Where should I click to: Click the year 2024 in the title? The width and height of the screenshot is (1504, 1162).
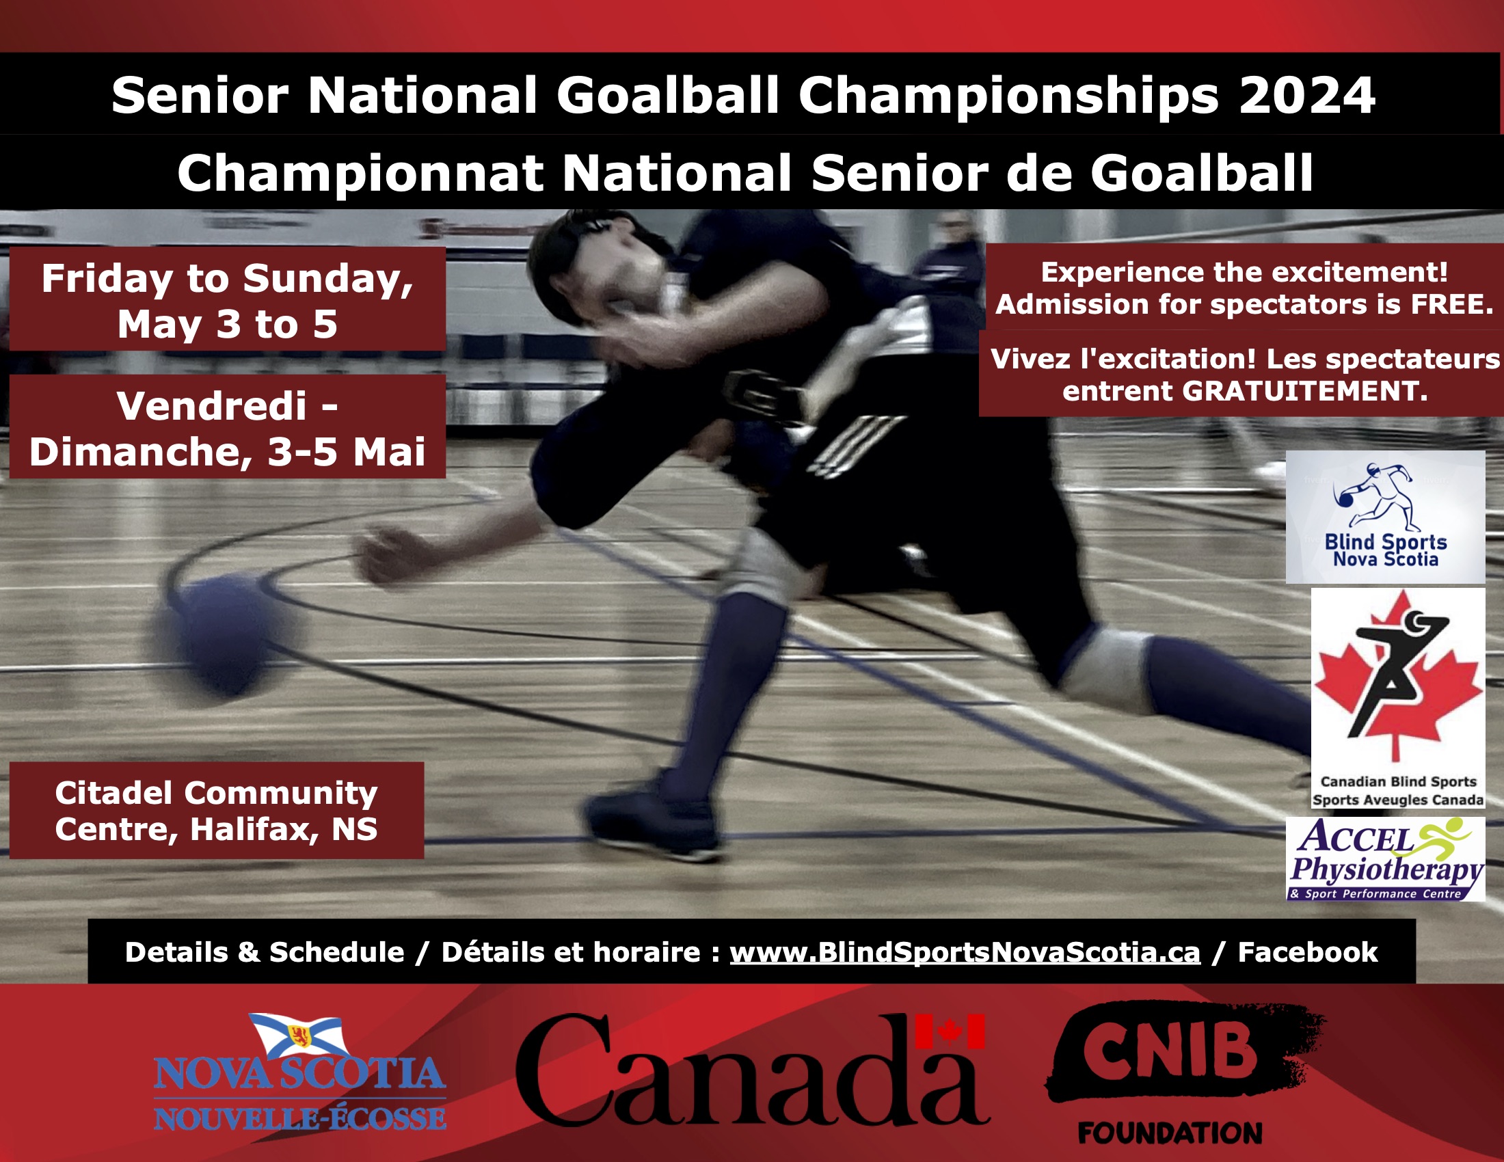point(1306,95)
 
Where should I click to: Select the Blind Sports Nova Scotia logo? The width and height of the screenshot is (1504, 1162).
point(1385,517)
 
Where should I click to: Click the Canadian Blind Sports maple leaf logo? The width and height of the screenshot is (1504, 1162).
point(1398,697)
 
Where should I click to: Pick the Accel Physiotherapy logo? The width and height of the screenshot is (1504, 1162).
point(1386,859)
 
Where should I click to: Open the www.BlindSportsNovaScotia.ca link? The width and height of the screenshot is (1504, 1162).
point(965,953)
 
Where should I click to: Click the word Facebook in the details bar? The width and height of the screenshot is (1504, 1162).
point(1308,952)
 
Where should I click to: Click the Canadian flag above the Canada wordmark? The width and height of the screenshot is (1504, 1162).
point(950,1031)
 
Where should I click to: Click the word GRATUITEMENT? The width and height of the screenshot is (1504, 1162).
point(1304,391)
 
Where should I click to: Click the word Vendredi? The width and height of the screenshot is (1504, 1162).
point(211,405)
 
